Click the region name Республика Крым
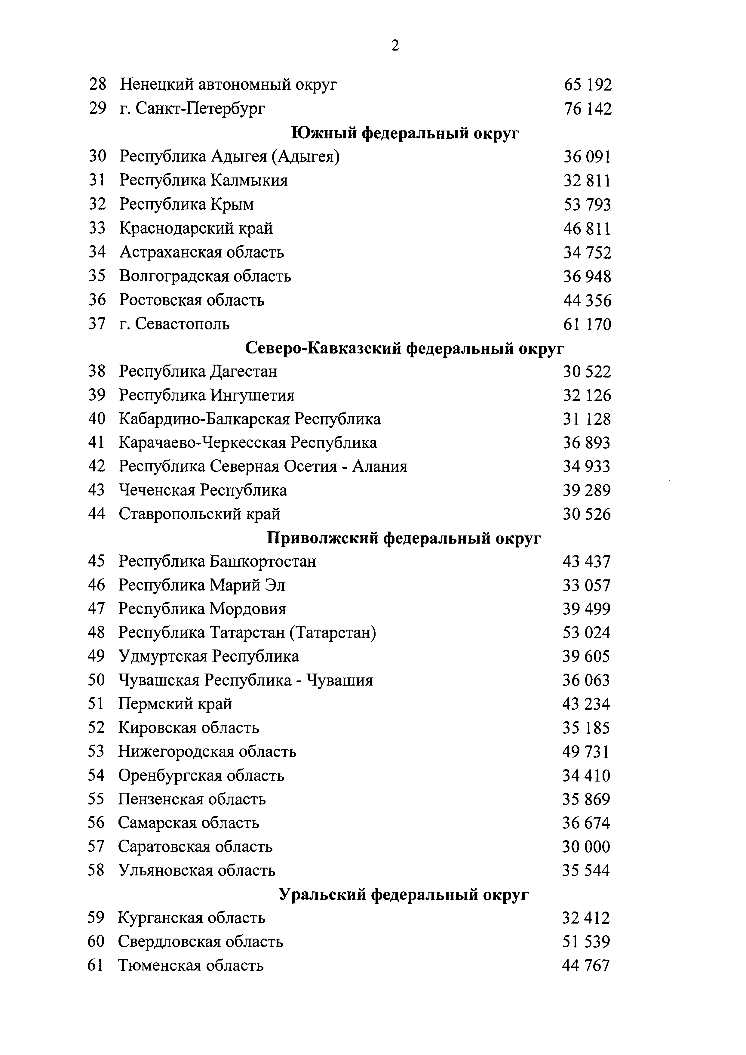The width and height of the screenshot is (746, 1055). tap(186, 204)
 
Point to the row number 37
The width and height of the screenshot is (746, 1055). tap(97, 324)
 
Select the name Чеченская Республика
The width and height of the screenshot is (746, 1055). tap(203, 490)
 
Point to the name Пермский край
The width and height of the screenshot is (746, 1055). tap(175, 704)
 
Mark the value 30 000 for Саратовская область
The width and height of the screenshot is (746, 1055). tap(586, 847)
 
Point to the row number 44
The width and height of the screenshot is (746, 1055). tap(97, 514)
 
